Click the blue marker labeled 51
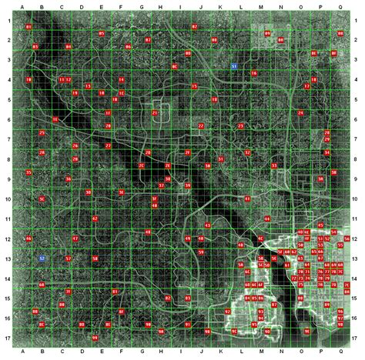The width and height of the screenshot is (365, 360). point(233,68)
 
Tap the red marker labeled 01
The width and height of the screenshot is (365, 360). point(28,27)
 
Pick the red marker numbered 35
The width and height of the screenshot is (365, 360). point(28,172)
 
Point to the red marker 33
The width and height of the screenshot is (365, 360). point(274,165)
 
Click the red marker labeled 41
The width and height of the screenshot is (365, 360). point(247,198)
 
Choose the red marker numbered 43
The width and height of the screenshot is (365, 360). point(207,225)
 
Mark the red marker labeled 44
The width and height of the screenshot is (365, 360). point(267,219)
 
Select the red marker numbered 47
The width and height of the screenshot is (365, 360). point(75,239)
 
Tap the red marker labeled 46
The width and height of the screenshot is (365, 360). point(28,239)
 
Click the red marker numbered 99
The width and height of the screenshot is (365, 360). point(94,338)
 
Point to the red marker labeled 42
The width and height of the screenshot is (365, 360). point(95,219)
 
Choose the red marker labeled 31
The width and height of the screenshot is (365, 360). point(221,159)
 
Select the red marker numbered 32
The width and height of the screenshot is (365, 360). point(247,153)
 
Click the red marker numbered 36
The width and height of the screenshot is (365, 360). point(69,179)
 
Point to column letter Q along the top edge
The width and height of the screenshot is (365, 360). point(340,7)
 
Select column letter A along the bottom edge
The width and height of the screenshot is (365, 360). point(23,353)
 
